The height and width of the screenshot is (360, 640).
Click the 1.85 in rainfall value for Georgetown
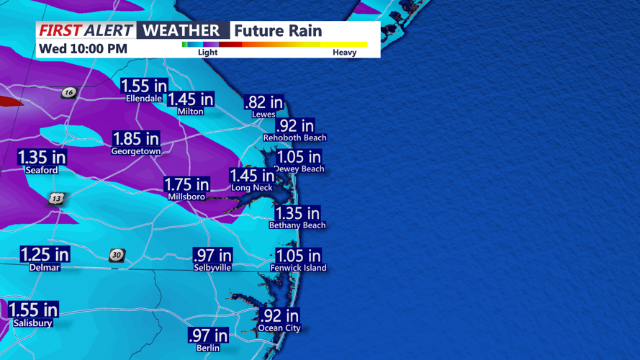[x=136, y=138]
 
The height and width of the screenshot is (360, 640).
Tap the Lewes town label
[x=263, y=114]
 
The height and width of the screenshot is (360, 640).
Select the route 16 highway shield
[x=69, y=92]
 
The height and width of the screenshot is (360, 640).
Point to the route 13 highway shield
[x=57, y=198]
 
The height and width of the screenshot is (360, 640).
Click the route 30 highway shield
[x=117, y=255]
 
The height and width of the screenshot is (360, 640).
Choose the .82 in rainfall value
[x=263, y=102]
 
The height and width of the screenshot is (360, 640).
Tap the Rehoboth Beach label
[x=294, y=138]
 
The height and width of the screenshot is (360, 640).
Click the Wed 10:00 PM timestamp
[x=83, y=49]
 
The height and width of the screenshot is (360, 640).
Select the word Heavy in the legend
[x=344, y=53]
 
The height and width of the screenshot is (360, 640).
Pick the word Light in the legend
[x=207, y=53]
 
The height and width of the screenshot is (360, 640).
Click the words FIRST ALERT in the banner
[x=86, y=30]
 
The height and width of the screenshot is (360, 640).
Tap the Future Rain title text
[x=278, y=30]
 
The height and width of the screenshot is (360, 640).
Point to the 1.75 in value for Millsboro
[x=186, y=184]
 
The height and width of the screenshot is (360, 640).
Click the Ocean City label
[x=279, y=328]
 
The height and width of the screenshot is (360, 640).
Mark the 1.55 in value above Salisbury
[x=33, y=310]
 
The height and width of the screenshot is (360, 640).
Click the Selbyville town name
[x=212, y=267]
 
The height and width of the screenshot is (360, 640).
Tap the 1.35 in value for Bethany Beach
[x=297, y=213]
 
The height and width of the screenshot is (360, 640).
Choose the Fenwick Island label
[x=298, y=268]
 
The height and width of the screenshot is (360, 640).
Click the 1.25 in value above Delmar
[x=45, y=254]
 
